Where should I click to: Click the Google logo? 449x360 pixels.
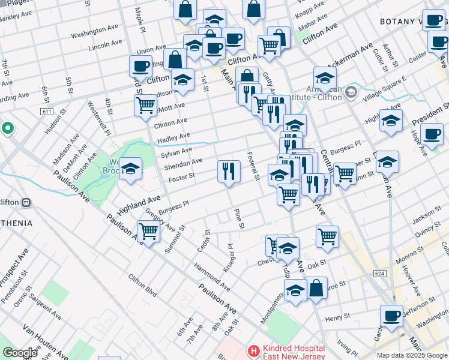(x=20, y=353)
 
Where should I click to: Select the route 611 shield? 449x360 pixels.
(x=47, y=112)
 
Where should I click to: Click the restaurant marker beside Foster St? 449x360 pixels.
(x=228, y=172)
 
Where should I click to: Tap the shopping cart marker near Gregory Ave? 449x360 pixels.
(x=148, y=232)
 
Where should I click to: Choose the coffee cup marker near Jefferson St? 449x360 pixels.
(x=391, y=316)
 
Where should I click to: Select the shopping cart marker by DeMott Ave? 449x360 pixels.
(x=145, y=106)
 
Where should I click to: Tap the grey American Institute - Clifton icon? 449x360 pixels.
(x=351, y=92)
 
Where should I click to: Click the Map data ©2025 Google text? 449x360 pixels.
(x=412, y=355)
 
